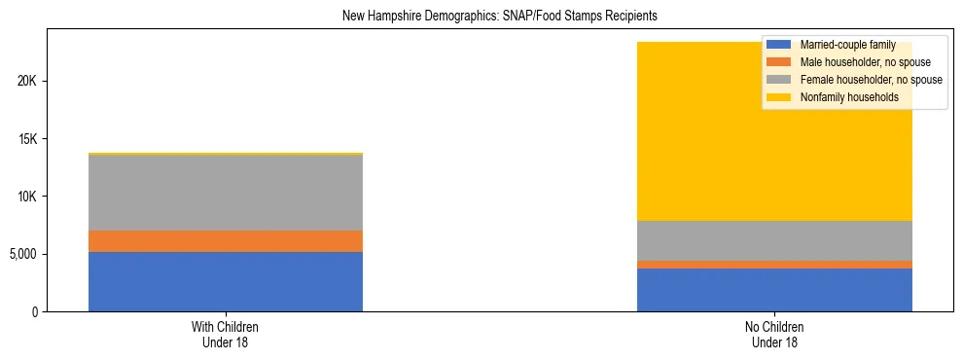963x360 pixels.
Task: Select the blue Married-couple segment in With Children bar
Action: (226, 281)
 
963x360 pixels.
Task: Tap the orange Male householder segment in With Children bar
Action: (226, 241)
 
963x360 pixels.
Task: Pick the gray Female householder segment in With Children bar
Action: (226, 193)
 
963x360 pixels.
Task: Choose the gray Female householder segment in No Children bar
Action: (774, 240)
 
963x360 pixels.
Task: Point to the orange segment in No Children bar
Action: (774, 265)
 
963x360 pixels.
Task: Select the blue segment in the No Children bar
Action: (774, 290)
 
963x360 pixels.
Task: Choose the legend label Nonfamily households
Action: (849, 97)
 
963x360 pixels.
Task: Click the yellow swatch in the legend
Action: (780, 97)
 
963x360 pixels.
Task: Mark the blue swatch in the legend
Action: (780, 46)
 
